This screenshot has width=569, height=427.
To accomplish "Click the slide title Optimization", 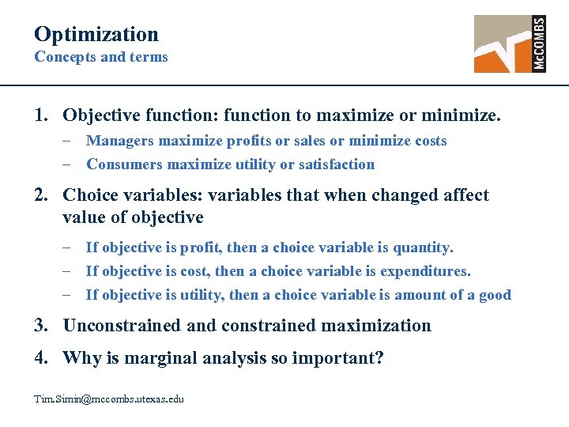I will click(96, 34).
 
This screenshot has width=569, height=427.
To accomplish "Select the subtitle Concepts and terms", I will click(101, 57).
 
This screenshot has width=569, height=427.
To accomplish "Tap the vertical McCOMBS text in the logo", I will click(539, 44).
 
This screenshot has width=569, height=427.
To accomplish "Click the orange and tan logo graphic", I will click(503, 44).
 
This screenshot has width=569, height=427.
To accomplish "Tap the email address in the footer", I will click(108, 399).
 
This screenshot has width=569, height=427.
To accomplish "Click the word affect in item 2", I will click(465, 195).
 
